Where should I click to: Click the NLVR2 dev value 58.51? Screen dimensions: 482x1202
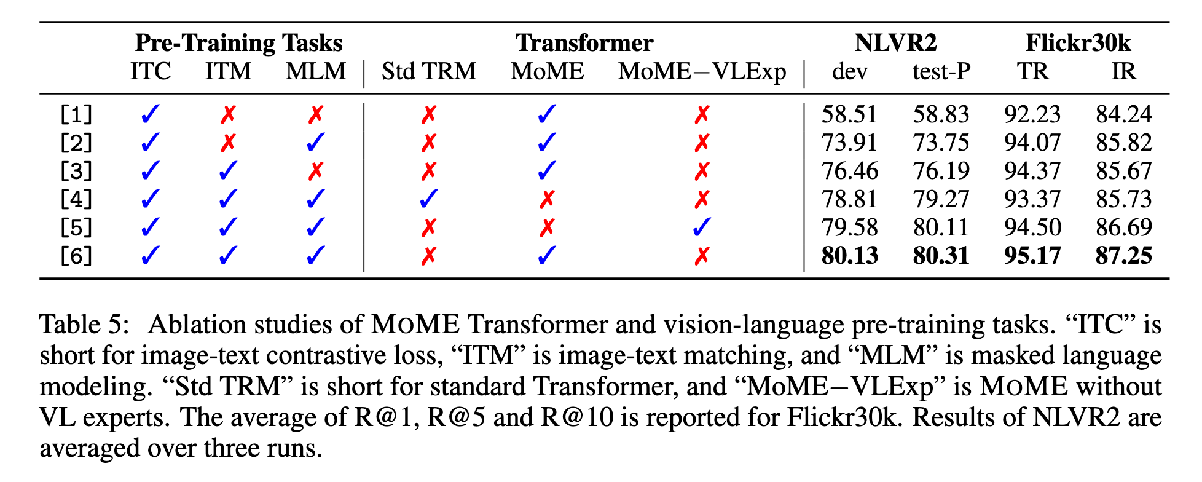point(849,114)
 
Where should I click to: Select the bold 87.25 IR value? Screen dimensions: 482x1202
point(1123,256)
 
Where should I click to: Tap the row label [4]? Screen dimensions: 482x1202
point(76,199)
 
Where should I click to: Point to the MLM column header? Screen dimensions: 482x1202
point(316,71)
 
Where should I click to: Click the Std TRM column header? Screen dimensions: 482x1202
point(428,71)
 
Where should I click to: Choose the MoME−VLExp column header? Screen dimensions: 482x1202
point(702,71)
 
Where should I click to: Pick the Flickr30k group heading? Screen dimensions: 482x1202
point(1078,43)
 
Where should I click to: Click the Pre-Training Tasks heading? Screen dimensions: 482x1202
point(238,43)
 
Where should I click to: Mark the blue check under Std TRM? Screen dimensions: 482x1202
point(428,199)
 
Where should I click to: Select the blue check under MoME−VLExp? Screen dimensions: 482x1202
point(702,227)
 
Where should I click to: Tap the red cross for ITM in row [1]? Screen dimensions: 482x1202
point(228,114)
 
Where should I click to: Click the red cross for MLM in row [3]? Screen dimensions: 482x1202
point(316,171)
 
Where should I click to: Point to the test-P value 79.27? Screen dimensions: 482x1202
point(941,199)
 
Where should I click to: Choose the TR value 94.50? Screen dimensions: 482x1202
point(1032,227)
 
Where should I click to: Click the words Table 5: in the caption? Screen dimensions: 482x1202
point(85,324)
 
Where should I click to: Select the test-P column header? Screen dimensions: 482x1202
point(941,71)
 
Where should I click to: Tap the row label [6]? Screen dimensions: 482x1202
point(76,256)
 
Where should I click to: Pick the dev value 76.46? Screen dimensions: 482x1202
point(849,171)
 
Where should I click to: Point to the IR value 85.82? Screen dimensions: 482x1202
point(1123,143)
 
